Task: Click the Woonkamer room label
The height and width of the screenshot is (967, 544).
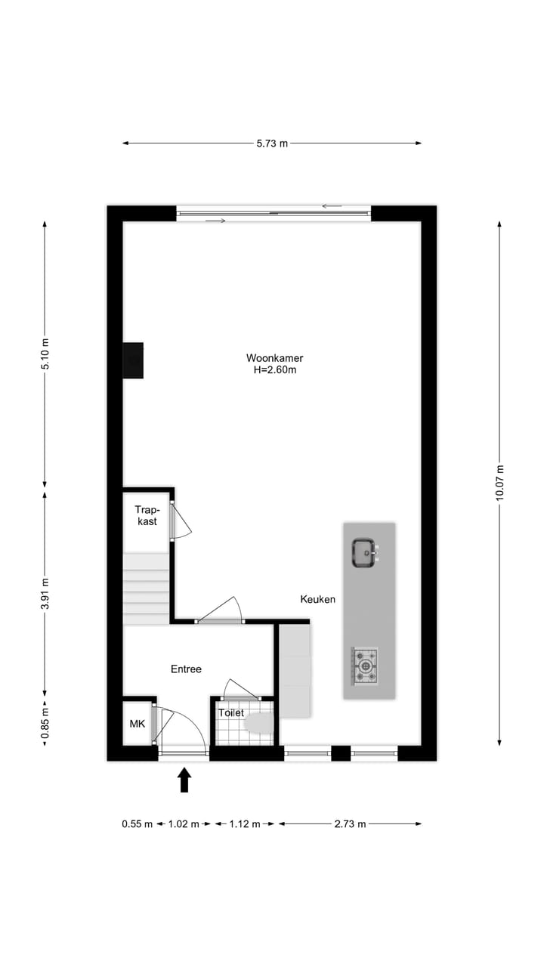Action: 274,358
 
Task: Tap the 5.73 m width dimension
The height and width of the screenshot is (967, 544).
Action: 272,144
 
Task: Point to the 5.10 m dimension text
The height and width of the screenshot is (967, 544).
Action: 45,354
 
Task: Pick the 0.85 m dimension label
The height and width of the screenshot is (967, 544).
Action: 45,723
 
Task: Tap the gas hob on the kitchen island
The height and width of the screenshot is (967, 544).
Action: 366,666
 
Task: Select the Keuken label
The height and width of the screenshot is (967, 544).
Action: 317,599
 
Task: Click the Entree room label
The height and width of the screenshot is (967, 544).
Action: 186,669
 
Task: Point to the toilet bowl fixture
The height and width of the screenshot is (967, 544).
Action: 258,724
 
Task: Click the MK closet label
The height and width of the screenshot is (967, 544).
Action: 137,724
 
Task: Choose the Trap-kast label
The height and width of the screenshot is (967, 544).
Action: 146,515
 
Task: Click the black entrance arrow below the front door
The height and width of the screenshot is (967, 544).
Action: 184,780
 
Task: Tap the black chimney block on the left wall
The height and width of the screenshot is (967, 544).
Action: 134,360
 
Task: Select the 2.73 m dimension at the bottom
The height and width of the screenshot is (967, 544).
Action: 350,824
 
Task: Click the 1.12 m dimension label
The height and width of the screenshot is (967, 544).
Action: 245,824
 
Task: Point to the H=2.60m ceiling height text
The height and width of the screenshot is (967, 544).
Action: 274,370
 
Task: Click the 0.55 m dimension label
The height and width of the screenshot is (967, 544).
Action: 137,824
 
